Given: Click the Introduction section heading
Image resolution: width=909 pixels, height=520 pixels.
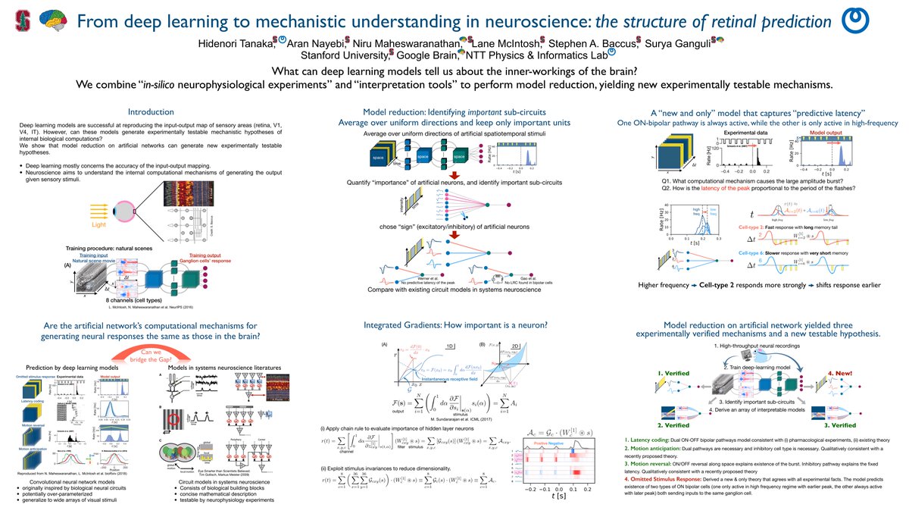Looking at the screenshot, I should (x=151, y=111).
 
